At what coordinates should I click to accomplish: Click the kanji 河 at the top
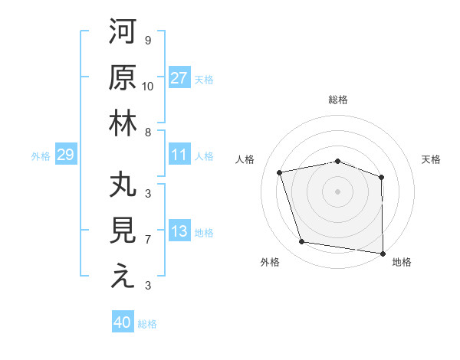tap(123, 33)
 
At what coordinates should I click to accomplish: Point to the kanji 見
tap(123, 231)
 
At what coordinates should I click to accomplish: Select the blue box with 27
tap(179, 77)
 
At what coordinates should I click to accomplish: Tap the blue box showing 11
tap(179, 155)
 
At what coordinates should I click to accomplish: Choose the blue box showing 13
tap(179, 231)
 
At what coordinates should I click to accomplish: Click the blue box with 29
tap(65, 155)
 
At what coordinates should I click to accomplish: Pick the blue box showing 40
tap(123, 322)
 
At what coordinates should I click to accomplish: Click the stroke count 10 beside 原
tap(148, 86)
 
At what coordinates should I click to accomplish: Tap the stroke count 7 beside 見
tap(147, 240)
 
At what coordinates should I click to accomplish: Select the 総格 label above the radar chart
tap(338, 100)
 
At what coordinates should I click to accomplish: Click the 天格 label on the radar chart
tap(432, 159)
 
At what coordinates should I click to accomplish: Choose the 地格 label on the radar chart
tap(402, 263)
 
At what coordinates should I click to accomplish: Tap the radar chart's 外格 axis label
tap(270, 263)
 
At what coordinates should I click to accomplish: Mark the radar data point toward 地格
tap(382, 253)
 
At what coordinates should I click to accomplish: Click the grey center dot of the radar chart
tap(337, 191)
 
